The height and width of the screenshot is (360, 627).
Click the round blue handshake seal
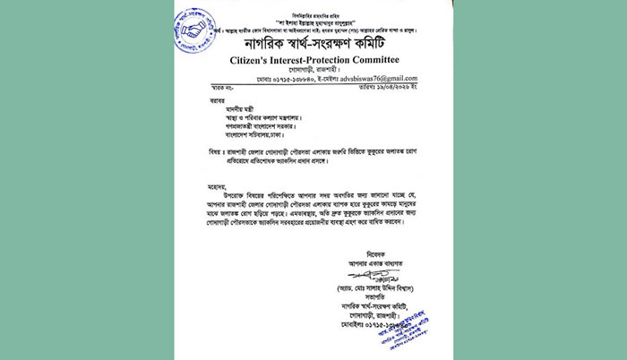195,30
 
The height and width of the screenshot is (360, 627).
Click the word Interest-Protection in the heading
320,60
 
